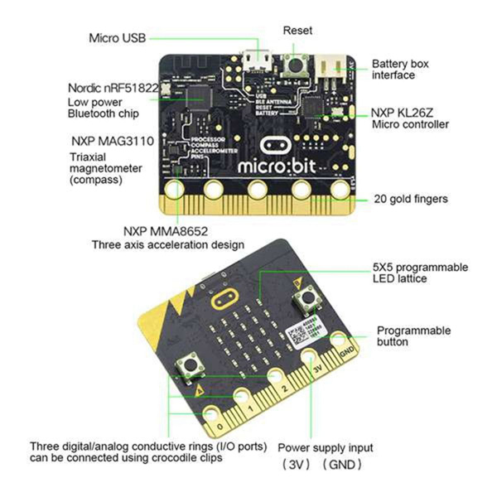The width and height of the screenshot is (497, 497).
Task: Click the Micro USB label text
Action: coord(118,38)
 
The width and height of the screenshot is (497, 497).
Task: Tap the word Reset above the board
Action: coord(297,30)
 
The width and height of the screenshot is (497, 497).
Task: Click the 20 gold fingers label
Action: coord(411,199)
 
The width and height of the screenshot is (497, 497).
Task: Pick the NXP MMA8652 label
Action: coord(168,230)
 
